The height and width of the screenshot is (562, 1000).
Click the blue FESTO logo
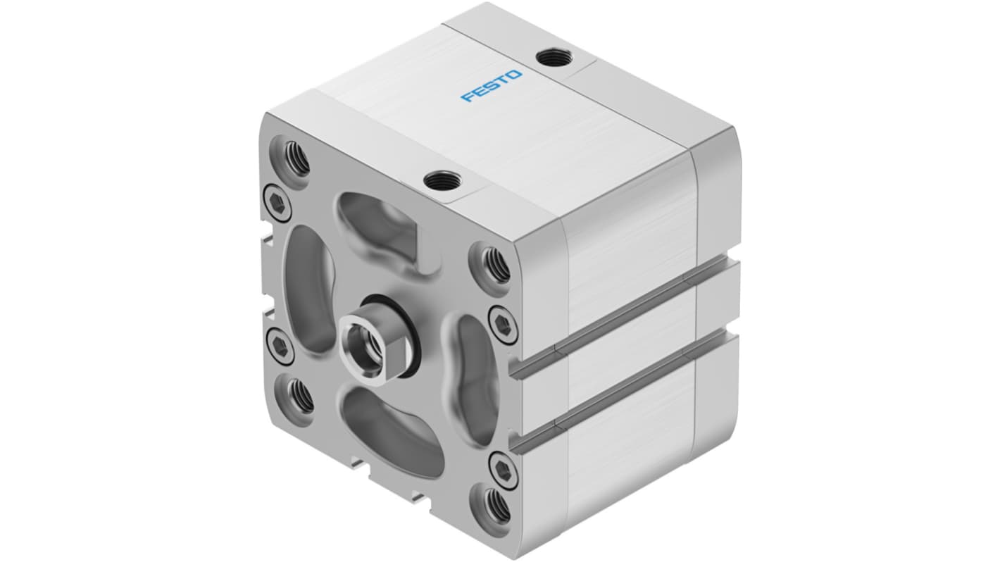(x=492, y=85)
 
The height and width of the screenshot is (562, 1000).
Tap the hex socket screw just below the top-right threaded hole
(x=502, y=322)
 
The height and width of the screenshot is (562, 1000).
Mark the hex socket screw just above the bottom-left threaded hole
(x=280, y=346)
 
